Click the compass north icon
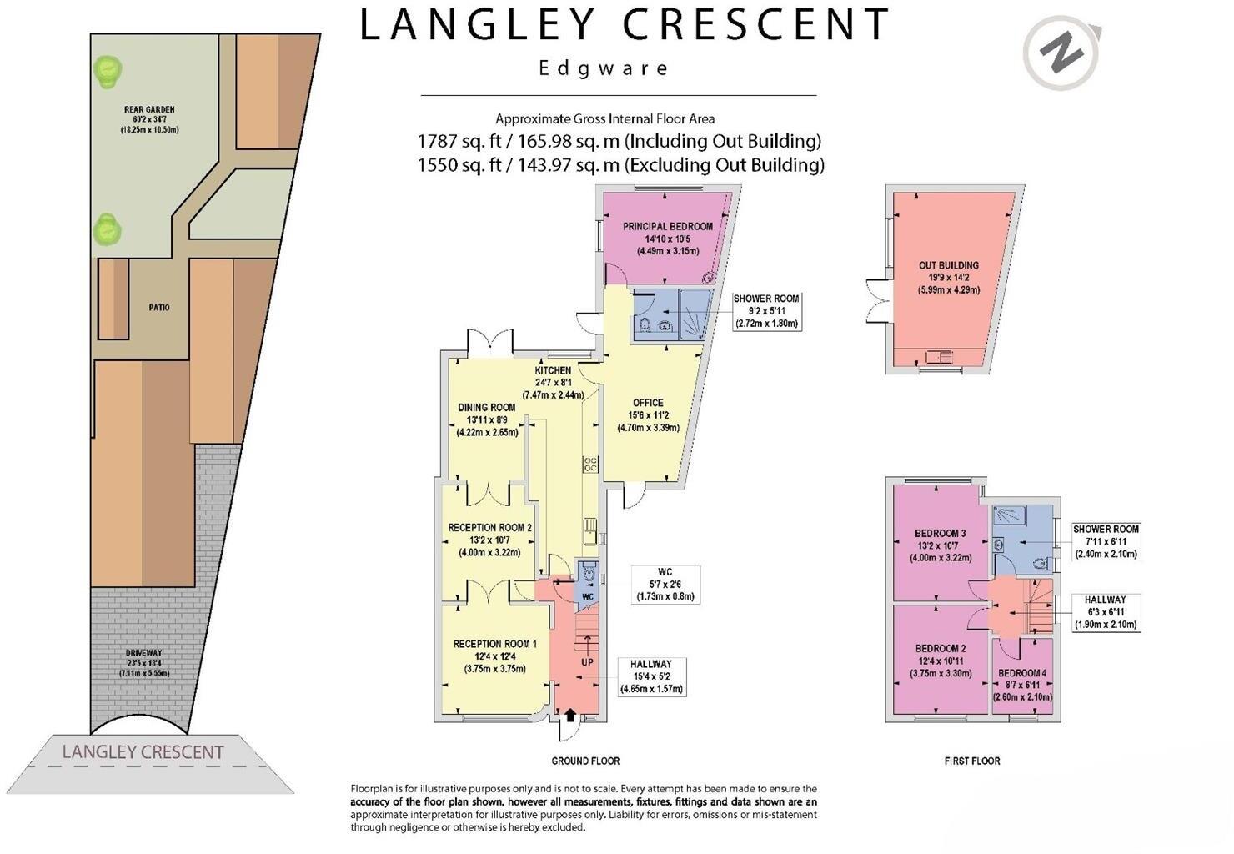[x=1061, y=53]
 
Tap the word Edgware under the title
[x=603, y=68]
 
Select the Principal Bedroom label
[x=668, y=226]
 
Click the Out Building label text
[x=948, y=265]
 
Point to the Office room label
[x=648, y=404]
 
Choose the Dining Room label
[x=487, y=408]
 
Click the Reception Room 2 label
[x=489, y=528]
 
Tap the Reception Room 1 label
[x=494, y=644]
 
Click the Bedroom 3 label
[x=940, y=534]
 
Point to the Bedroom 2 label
[x=940, y=649]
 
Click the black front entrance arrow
[x=570, y=714]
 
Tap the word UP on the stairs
[x=587, y=662]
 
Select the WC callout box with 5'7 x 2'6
[x=665, y=584]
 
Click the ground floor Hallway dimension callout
[x=651, y=676]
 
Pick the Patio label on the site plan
[x=158, y=308]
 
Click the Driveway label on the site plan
[x=143, y=653]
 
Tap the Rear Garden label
[x=149, y=110]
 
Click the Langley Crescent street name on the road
[x=143, y=752]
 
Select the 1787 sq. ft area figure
[x=459, y=141]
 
